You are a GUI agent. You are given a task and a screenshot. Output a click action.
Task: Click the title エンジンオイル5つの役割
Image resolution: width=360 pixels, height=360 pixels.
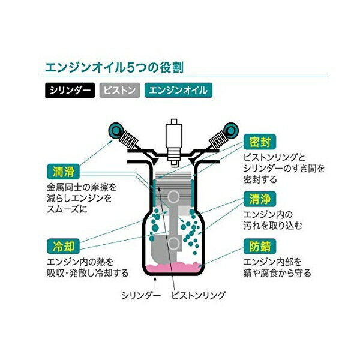tap(114, 67)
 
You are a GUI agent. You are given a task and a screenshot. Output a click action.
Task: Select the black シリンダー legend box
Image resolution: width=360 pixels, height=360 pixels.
tap(70, 91)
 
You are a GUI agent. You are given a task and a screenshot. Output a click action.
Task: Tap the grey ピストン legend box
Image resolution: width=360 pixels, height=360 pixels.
tap(119, 91)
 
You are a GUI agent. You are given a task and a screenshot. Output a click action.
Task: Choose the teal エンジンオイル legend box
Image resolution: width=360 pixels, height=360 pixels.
tap(178, 91)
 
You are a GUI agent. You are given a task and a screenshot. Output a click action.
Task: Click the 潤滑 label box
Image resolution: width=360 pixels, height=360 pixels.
tap(64, 172)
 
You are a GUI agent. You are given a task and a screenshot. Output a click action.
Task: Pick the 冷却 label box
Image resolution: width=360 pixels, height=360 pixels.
tap(64, 247)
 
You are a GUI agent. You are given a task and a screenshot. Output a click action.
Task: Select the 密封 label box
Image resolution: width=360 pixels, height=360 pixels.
tap(260, 142)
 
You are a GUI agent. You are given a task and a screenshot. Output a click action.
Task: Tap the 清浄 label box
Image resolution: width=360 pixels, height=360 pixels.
tap(260, 199)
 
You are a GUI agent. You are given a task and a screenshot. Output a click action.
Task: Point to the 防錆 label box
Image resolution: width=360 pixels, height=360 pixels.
tap(260, 247)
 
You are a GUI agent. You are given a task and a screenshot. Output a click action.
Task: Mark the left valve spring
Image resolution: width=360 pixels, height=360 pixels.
tap(129, 139)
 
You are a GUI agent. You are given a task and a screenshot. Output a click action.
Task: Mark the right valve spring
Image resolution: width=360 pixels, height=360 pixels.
tap(218, 139)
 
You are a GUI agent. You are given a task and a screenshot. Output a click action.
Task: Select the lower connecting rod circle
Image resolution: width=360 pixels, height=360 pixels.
tap(173, 244)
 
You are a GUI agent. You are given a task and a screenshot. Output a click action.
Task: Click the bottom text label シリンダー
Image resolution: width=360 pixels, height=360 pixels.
tap(141, 295)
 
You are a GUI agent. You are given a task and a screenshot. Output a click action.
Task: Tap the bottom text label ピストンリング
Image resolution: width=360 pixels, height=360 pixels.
tap(199, 295)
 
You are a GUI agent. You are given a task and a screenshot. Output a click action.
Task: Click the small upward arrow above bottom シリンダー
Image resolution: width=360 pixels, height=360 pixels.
tap(155, 283)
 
